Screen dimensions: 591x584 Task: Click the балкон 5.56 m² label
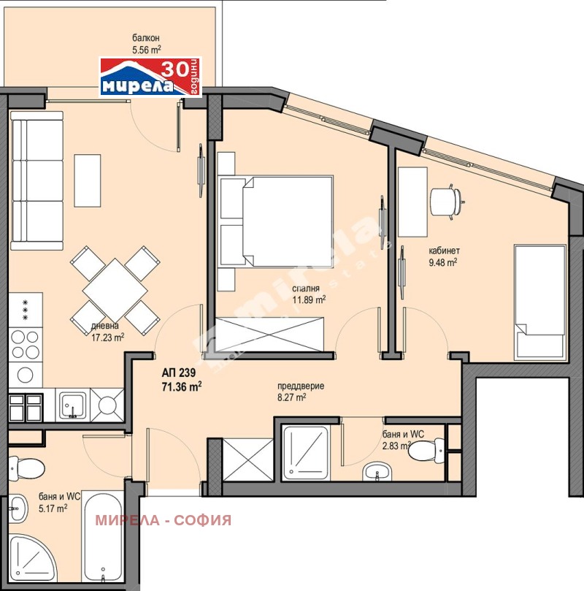point(146,44)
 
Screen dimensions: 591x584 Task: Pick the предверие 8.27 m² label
point(300,392)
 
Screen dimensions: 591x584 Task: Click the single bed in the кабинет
point(539,301)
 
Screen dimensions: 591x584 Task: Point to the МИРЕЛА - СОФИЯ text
point(164,520)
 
